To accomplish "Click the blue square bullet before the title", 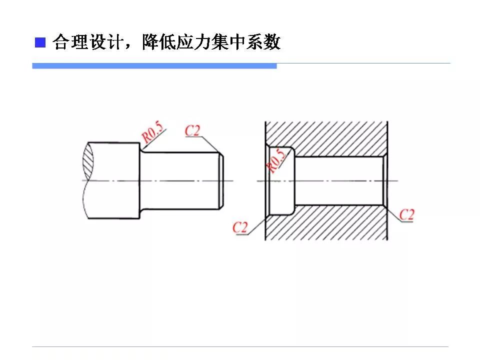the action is coord(40,42).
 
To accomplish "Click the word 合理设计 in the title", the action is coord(87,42).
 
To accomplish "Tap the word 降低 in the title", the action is coord(159,42).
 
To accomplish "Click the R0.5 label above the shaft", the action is coord(152,132).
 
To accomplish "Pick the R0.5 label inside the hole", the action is coord(276,160).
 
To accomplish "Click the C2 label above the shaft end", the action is coord(192,130).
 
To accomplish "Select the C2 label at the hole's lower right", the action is coord(407,214).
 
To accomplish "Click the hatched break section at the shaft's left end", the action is coord(87,161).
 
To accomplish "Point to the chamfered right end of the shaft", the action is coord(221,181).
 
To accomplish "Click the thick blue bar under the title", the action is coord(154,66).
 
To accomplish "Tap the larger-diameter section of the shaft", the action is coord(114,180).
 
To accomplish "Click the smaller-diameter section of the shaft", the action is coord(180,181).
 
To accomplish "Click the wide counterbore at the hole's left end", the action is coord(281,181).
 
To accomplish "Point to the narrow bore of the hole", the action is coord(339,181).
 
